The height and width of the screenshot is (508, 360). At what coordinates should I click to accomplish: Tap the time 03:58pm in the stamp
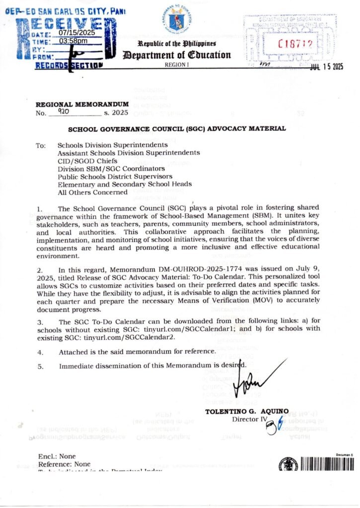(x=73, y=41)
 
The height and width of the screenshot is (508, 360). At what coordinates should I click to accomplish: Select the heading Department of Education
(x=178, y=55)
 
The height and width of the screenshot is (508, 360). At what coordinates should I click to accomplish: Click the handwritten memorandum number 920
(x=64, y=113)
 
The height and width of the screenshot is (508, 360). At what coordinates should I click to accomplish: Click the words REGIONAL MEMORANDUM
(x=82, y=105)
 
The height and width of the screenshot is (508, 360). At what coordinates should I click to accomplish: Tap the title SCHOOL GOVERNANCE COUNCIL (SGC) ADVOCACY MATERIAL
(x=176, y=129)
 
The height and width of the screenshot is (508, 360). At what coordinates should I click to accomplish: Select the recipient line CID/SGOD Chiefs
(x=87, y=161)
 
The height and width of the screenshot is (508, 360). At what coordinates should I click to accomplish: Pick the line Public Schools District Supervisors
(x=115, y=176)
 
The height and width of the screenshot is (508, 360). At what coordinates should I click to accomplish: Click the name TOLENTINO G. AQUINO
(x=246, y=411)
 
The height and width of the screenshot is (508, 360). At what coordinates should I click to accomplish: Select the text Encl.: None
(x=57, y=456)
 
